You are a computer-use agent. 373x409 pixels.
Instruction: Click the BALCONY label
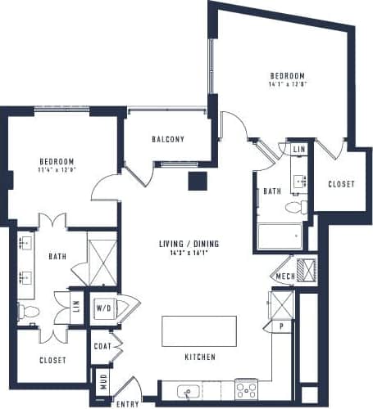click(x=168, y=139)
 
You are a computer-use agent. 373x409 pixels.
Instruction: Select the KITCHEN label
click(x=199, y=357)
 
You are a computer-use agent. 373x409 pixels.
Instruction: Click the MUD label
click(x=102, y=381)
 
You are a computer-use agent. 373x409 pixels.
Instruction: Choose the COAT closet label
click(x=102, y=347)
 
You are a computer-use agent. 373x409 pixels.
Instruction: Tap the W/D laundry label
click(x=104, y=308)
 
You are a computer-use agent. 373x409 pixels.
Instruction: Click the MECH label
click(x=284, y=276)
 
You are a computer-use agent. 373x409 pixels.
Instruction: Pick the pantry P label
click(x=281, y=325)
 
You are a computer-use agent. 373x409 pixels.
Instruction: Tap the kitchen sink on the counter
click(x=186, y=390)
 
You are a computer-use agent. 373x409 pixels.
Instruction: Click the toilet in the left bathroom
click(x=28, y=311)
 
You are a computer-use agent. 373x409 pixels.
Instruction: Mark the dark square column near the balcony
click(x=197, y=182)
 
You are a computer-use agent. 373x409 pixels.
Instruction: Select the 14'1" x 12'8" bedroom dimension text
click(x=287, y=83)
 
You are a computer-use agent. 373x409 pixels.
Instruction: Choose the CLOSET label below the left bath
click(x=53, y=360)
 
